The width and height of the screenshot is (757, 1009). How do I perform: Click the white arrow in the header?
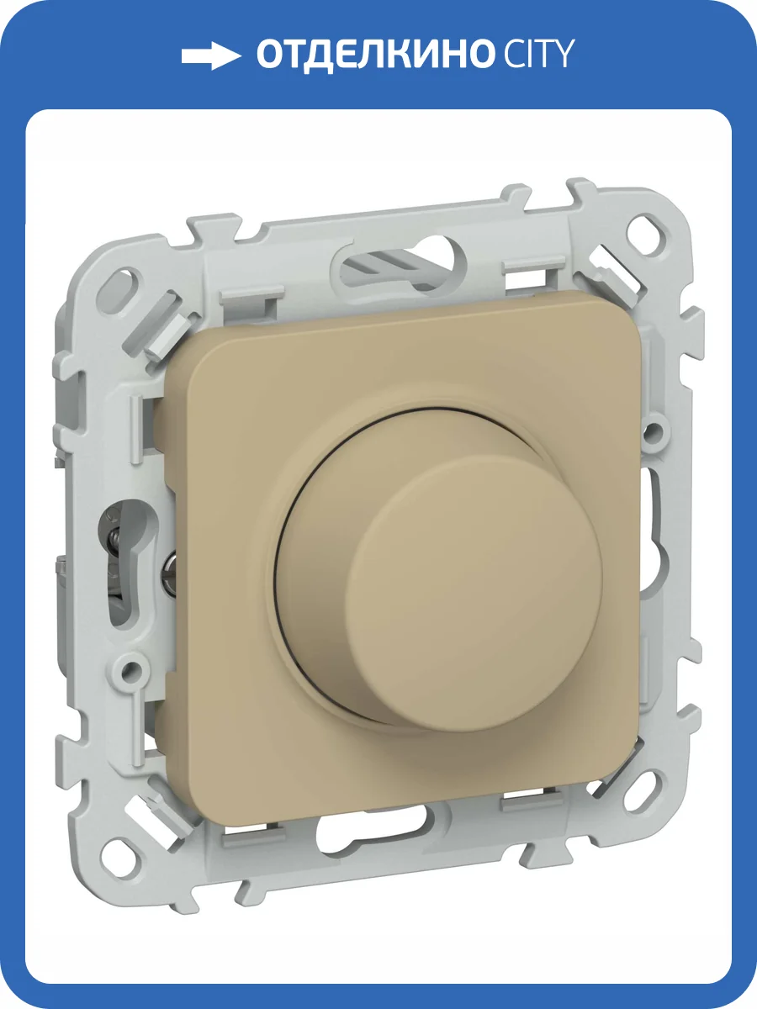(x=211, y=55)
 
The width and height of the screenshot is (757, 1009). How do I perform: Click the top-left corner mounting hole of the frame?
(x=119, y=287)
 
